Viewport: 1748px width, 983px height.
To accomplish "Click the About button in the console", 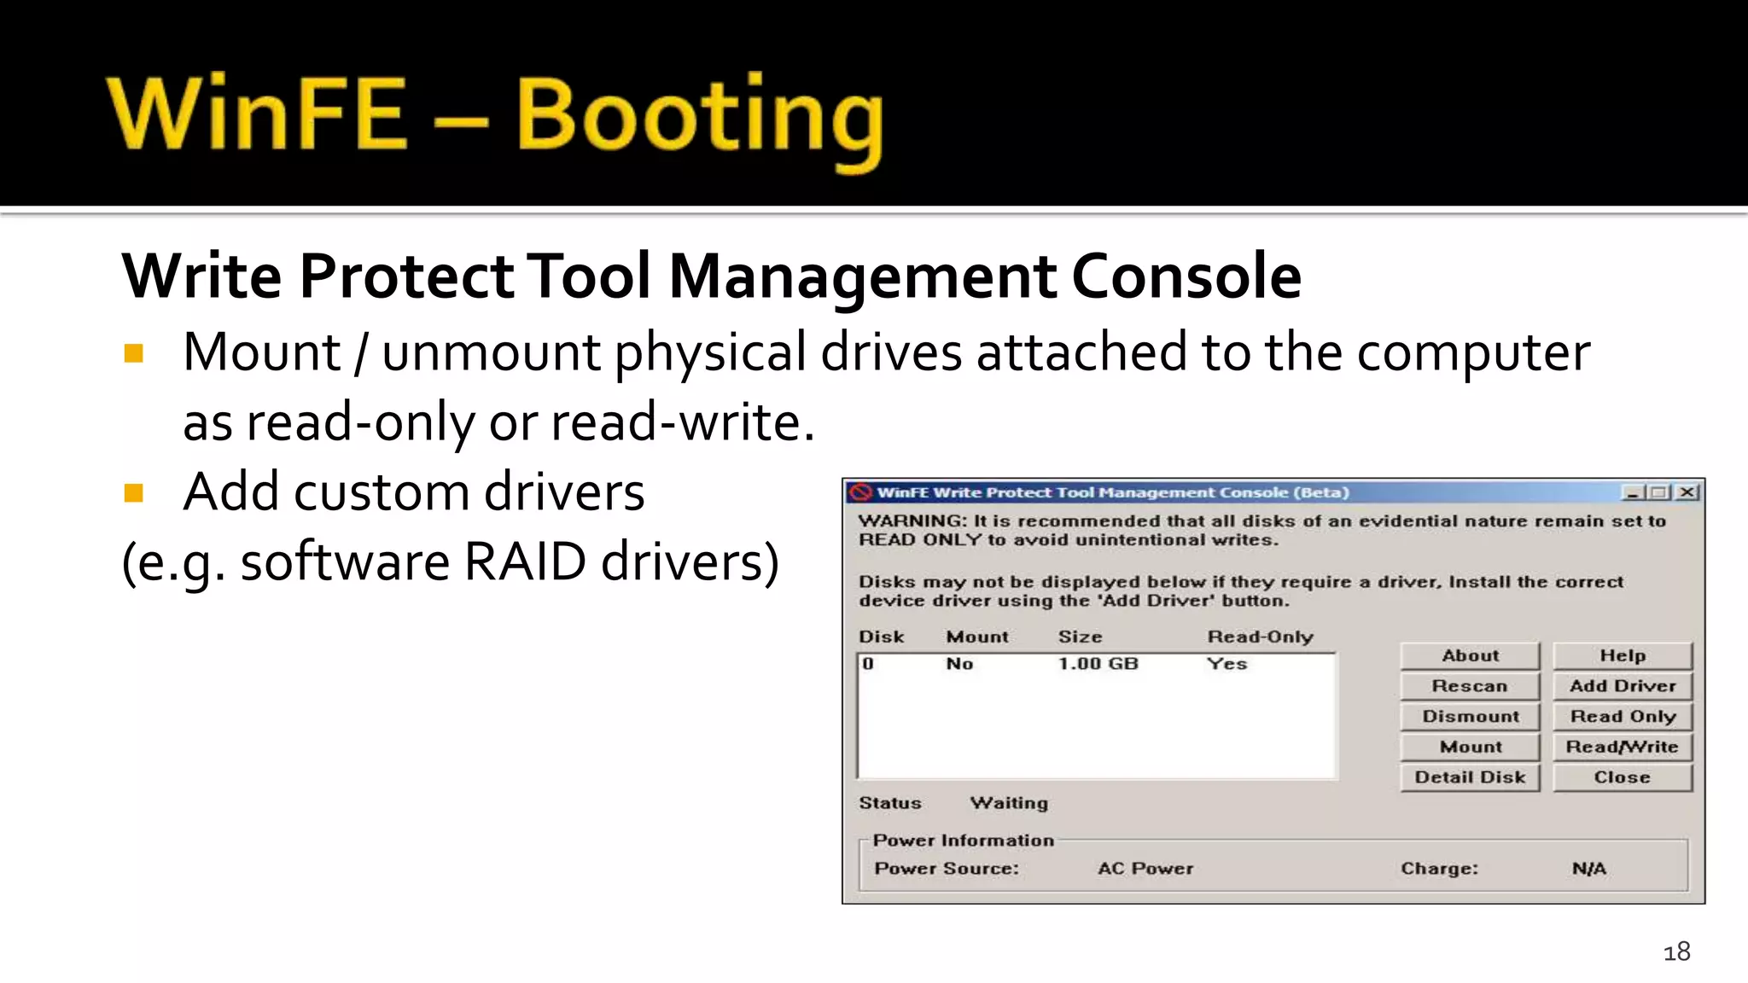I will (1470, 655).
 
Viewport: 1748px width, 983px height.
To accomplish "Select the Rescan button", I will (1470, 686).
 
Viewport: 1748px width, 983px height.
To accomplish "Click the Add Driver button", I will (1622, 686).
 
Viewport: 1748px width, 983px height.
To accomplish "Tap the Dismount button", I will (1470, 717).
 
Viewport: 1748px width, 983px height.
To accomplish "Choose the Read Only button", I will (1622, 717).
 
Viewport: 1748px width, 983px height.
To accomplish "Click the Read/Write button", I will (1622, 747).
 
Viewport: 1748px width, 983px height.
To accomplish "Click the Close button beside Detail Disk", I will (1622, 777).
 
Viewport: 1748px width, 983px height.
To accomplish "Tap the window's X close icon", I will (1687, 492).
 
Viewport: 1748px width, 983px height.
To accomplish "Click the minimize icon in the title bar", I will (1632, 492).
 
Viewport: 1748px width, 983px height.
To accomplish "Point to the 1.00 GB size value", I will (1098, 664).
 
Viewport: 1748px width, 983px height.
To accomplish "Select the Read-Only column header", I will (1260, 637).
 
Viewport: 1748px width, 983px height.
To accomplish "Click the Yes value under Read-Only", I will (1227, 664).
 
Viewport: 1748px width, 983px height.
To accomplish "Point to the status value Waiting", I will (1009, 803).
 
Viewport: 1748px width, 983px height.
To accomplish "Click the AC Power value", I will (1145, 869).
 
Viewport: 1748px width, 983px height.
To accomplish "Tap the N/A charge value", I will (1588, 869).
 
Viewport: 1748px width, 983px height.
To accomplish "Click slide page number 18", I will (1676, 951).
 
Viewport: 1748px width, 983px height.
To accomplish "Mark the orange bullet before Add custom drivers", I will (134, 492).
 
